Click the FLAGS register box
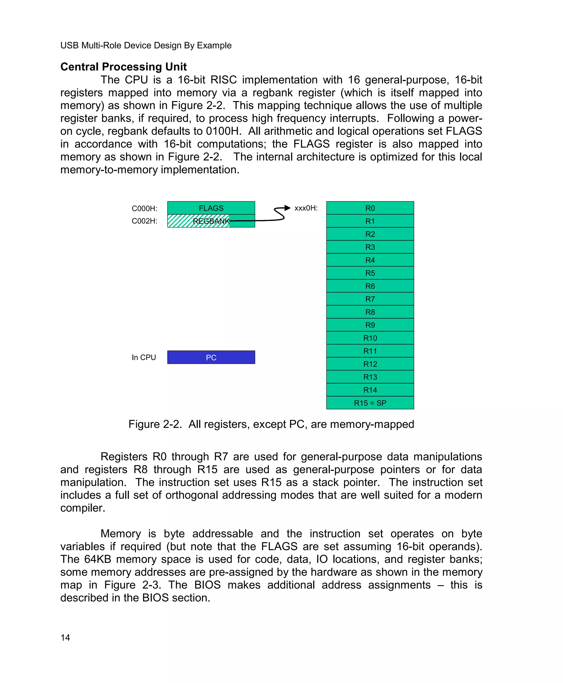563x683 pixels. [x=211, y=208]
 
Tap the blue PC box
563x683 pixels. [x=211, y=357]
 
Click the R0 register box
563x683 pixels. [x=370, y=208]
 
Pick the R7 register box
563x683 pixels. [x=370, y=299]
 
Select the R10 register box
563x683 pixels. [x=370, y=338]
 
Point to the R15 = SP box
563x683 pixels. [x=370, y=403]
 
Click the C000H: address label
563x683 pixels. [x=144, y=208]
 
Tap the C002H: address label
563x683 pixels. [x=144, y=221]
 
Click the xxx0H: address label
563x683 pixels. [x=306, y=208]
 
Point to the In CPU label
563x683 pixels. [x=144, y=357]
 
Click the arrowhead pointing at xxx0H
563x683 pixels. [x=287, y=208]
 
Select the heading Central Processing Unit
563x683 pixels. [x=123, y=67]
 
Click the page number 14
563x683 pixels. [x=65, y=638]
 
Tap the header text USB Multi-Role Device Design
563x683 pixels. [x=146, y=45]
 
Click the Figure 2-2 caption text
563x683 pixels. [x=271, y=424]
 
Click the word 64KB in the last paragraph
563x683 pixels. [x=98, y=559]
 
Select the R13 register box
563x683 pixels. [x=370, y=377]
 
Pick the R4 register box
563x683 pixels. [x=370, y=260]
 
